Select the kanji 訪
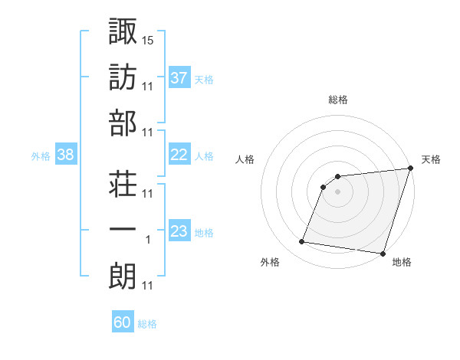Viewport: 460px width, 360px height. [123, 77]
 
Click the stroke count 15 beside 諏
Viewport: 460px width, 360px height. [149, 39]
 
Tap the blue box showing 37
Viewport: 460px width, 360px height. [179, 77]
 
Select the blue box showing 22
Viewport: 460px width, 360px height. [179, 155]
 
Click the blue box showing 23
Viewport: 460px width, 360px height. [179, 231]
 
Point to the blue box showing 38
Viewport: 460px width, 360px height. [65, 155]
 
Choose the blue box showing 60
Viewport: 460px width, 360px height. [123, 322]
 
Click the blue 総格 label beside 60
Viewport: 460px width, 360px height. [147, 324]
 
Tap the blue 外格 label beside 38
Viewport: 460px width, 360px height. [41, 156]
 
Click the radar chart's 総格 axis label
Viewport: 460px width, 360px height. [338, 100]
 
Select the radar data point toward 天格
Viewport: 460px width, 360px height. [410, 169]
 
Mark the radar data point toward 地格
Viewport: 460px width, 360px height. [383, 253]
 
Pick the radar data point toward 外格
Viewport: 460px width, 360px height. [302, 242]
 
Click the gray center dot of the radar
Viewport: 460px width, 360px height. [338, 192]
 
